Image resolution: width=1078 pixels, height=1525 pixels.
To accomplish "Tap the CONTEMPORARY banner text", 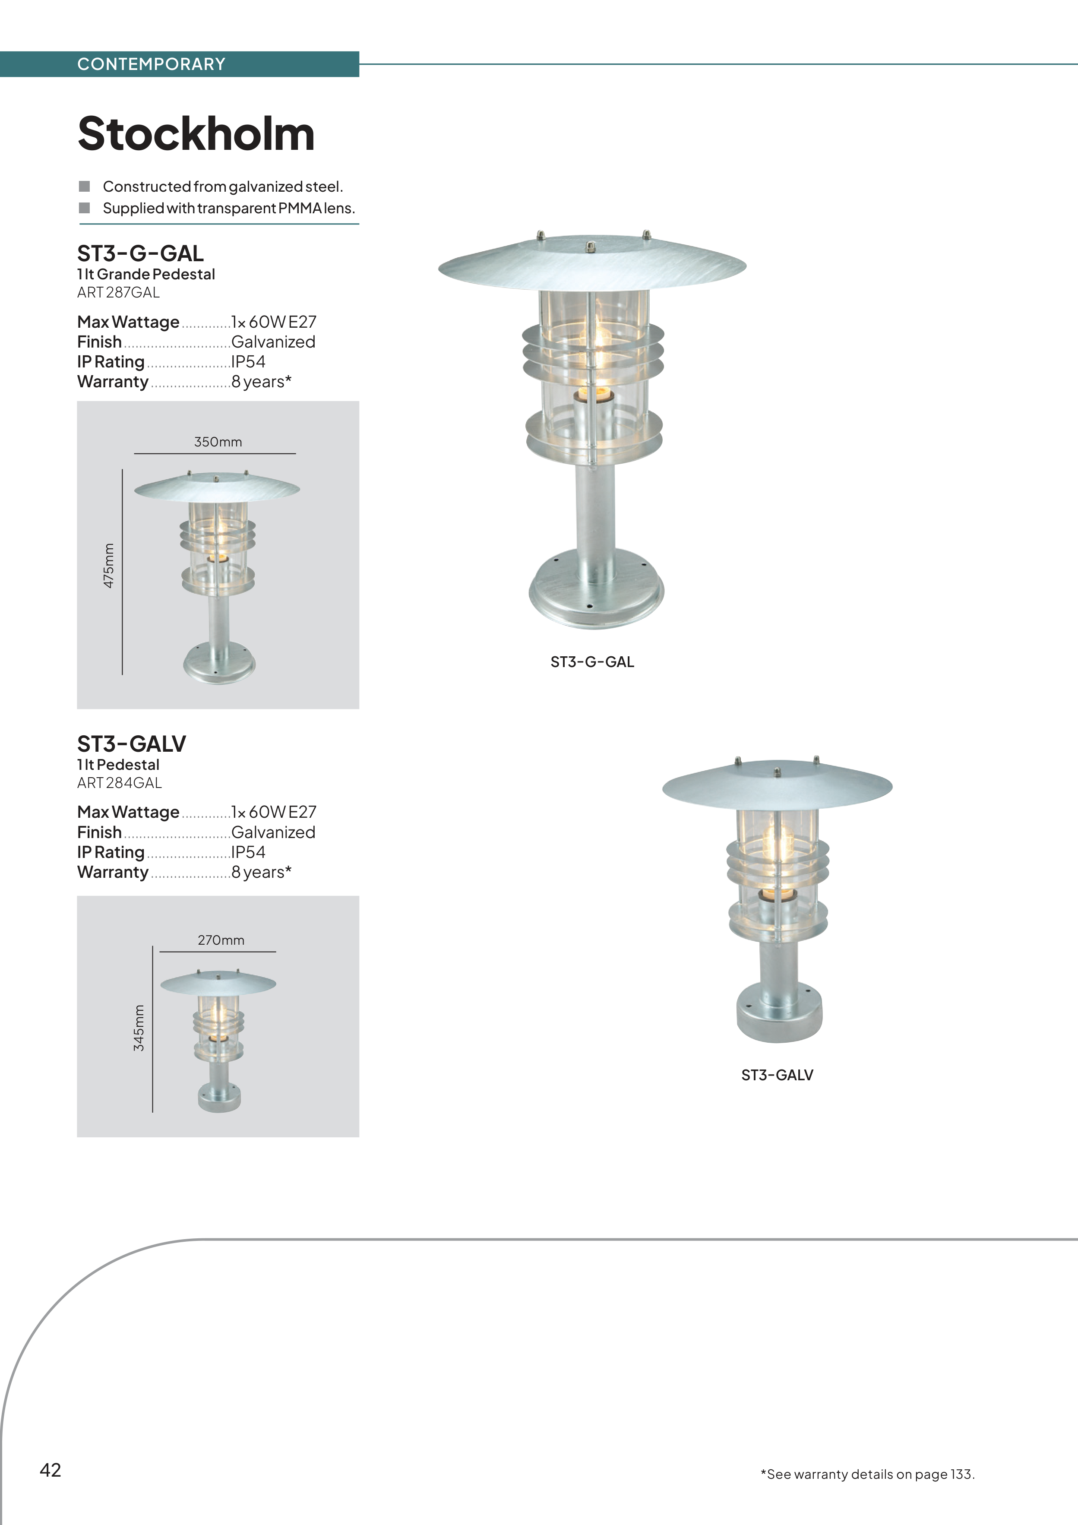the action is click(x=152, y=64).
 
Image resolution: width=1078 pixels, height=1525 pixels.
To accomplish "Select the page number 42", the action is click(x=51, y=1470).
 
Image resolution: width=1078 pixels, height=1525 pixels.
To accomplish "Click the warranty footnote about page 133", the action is click(x=867, y=1474).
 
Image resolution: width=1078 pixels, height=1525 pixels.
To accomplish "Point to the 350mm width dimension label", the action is click(x=218, y=442).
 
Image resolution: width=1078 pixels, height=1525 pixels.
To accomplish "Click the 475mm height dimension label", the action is click(x=109, y=565).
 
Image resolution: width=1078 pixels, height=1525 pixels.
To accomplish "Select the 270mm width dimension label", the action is click(x=221, y=940).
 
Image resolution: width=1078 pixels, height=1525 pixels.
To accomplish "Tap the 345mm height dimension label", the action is click(x=139, y=1028).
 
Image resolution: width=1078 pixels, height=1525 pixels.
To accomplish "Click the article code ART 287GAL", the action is click(x=118, y=292).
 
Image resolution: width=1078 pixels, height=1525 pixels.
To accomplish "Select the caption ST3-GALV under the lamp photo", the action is click(x=777, y=1075).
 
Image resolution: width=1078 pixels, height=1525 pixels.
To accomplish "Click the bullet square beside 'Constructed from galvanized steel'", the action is click(x=84, y=186).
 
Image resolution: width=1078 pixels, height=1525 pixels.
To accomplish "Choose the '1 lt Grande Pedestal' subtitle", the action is click(x=146, y=274).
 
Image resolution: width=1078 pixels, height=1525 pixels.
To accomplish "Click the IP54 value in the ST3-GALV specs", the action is click(x=248, y=852).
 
